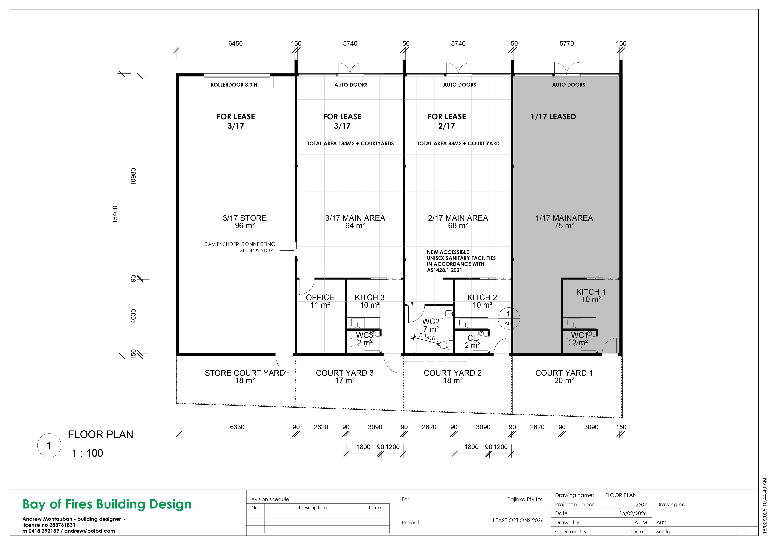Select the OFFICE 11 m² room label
point(320,301)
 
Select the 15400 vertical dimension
point(115,214)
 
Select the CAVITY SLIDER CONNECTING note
point(239,244)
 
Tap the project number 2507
point(641,504)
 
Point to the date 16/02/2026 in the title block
point(633,513)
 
